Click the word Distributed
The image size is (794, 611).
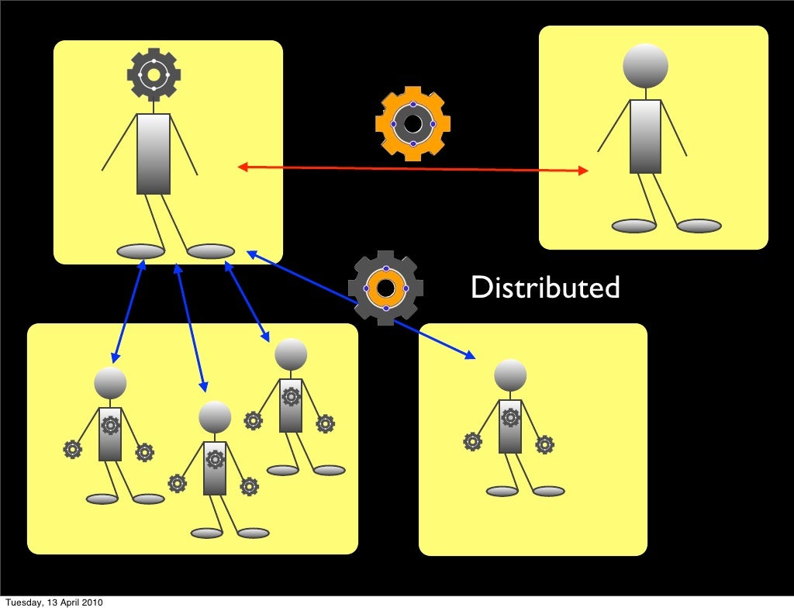point(545,288)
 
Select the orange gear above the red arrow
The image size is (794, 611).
point(413,123)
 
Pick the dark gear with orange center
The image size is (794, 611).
point(385,288)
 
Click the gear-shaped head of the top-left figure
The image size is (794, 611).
point(154,74)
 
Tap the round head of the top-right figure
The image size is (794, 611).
point(645,66)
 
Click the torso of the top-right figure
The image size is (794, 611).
point(645,136)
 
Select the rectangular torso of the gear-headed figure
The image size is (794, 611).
point(154,154)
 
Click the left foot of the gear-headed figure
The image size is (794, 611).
point(140,251)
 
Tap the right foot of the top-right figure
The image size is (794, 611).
point(699,226)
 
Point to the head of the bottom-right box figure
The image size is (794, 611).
point(510,375)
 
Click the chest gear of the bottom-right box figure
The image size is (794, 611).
point(510,417)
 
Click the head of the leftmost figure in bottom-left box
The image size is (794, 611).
point(110,383)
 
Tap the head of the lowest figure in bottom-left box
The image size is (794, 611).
point(215,417)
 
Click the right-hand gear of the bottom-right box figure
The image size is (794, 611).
point(544,445)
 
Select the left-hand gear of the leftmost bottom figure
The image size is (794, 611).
point(72,449)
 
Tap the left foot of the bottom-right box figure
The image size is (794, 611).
point(502,492)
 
